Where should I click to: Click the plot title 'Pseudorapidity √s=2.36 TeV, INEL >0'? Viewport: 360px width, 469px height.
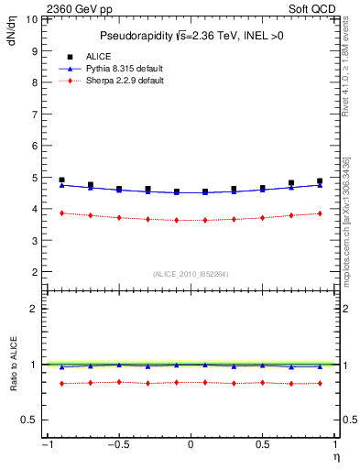coord(190,36)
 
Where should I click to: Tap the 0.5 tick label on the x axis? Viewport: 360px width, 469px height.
coord(262,445)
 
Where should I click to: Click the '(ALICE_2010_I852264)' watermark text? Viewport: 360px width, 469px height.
coord(190,273)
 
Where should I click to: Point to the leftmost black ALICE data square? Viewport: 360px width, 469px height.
coord(61,180)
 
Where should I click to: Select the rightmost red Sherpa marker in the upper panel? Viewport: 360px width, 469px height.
coord(320,213)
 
